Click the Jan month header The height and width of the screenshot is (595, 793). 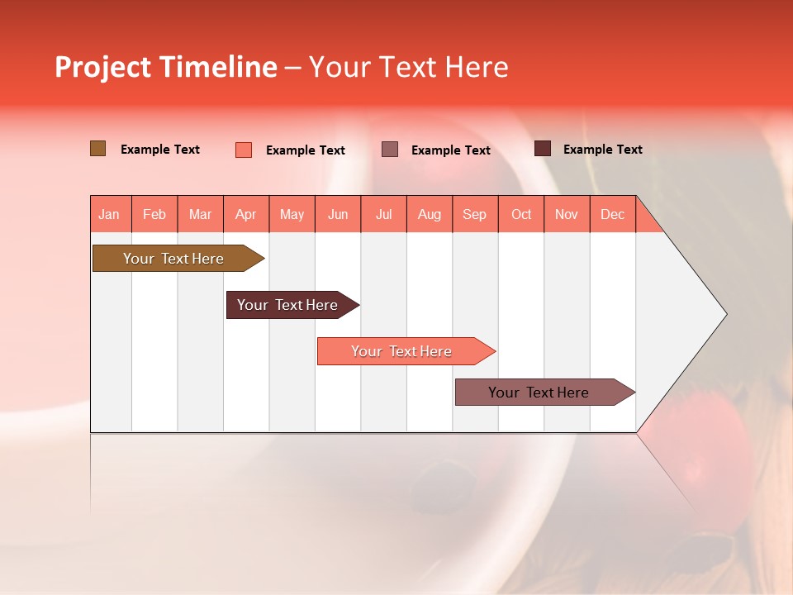109,214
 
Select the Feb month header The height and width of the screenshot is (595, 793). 154,214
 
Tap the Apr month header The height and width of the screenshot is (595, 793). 245,214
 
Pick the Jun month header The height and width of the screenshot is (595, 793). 338,214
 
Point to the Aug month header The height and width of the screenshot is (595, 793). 429,214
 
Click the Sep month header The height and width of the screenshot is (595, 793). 474,214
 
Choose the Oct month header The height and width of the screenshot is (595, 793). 521,214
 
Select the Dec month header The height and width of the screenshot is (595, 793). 612,214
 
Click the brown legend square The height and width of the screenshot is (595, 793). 98,149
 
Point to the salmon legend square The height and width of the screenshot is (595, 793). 244,150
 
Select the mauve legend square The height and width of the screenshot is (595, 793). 390,149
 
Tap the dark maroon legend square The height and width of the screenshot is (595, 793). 543,149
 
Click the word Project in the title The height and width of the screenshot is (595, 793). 103,67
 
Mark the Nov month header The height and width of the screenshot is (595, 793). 567,214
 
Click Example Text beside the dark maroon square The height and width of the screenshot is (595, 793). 602,150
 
